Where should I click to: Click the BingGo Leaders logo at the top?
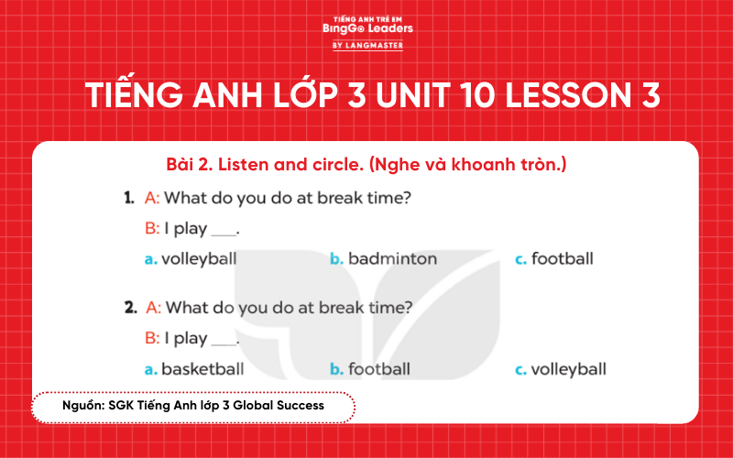click(x=367, y=28)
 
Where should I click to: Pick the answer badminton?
click(x=384, y=259)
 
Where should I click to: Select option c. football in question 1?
click(x=554, y=259)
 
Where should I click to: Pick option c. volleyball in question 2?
click(x=560, y=370)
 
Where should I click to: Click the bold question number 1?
click(x=129, y=198)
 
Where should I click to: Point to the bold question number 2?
click(x=130, y=308)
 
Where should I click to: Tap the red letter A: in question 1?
click(x=153, y=198)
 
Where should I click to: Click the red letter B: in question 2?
click(x=153, y=339)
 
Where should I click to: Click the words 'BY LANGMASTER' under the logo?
click(x=367, y=45)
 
